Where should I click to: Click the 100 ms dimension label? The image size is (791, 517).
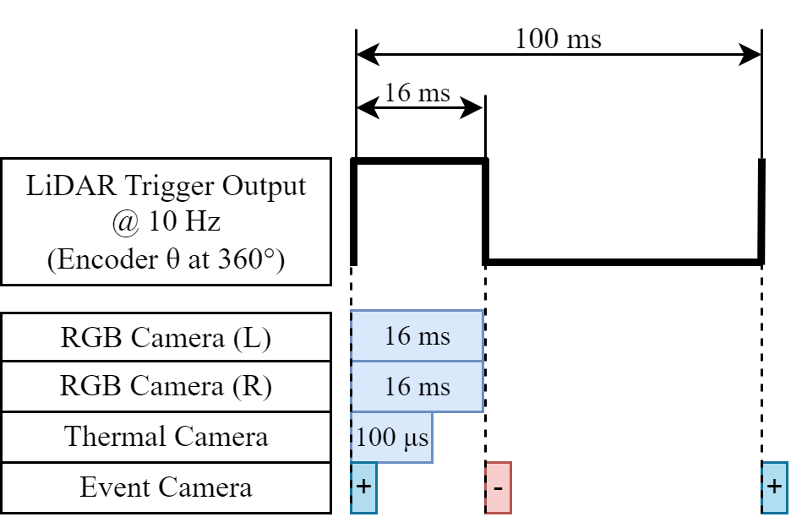coord(558,39)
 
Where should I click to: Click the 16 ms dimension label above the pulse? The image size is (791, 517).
coord(417,91)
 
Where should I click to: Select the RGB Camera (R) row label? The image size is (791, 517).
coord(166,387)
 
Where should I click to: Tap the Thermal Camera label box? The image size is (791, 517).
coord(166,437)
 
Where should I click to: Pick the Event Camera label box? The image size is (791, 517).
coord(166,487)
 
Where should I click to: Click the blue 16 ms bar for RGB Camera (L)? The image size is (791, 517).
coord(417,337)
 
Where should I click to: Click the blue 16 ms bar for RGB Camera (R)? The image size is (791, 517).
coord(417,387)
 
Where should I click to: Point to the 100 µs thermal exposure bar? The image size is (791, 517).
coord(391,438)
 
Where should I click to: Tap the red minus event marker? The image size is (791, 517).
coord(499,487)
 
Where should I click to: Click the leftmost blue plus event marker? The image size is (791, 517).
coord(363,487)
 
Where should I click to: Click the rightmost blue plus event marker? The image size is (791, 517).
coord(773,487)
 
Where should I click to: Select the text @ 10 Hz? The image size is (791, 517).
coord(166,222)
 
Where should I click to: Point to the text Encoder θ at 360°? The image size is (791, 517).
coord(166,258)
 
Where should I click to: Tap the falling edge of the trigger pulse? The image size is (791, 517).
coord(486,211)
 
